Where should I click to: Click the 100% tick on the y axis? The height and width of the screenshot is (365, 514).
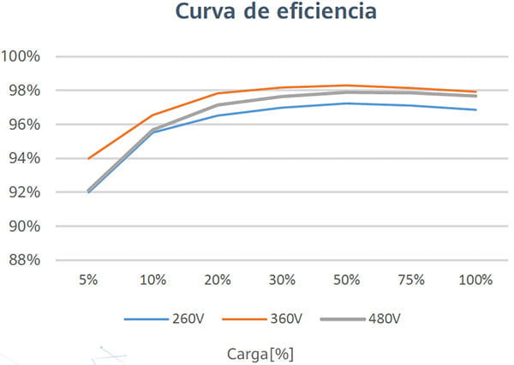pyautogui.click(x=24, y=56)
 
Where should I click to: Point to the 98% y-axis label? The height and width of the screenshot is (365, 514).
pyautogui.click(x=24, y=91)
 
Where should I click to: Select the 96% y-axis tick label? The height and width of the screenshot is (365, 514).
pyautogui.click(x=24, y=125)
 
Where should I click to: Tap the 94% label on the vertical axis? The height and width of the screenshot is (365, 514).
pyautogui.click(x=24, y=158)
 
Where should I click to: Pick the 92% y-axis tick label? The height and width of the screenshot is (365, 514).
pyautogui.click(x=24, y=192)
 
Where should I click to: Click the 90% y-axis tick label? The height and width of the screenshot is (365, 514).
pyautogui.click(x=24, y=227)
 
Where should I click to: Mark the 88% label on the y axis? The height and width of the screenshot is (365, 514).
pyautogui.click(x=24, y=261)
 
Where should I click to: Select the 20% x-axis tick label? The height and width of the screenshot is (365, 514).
pyautogui.click(x=218, y=280)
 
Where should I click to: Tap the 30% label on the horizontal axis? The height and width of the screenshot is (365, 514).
pyautogui.click(x=282, y=280)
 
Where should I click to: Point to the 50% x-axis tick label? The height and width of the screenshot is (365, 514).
pyautogui.click(x=346, y=280)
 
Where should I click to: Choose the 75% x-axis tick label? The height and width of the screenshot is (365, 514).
pyautogui.click(x=410, y=280)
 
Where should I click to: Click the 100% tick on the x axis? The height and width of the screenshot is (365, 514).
pyautogui.click(x=475, y=280)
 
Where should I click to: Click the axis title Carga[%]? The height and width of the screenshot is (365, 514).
pyautogui.click(x=261, y=352)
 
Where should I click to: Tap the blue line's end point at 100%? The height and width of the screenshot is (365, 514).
pyautogui.click(x=475, y=109)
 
